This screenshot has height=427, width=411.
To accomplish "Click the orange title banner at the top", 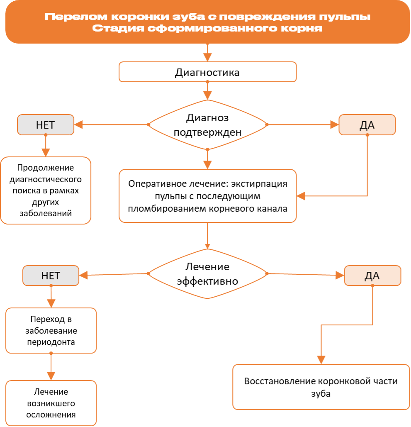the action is (207, 22).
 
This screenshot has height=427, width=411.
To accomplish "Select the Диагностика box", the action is (207, 72).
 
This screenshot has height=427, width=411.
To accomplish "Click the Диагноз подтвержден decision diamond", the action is (207, 125).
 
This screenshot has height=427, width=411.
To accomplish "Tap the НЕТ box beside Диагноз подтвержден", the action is (46, 125).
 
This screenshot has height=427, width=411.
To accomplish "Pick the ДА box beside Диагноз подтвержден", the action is (367, 125).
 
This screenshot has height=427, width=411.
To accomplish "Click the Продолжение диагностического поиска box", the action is (46, 190).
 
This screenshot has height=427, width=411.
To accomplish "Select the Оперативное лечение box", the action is (207, 196).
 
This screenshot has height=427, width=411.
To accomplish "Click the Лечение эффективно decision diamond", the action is (207, 274).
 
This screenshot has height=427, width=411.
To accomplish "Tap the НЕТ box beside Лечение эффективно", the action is (51, 276).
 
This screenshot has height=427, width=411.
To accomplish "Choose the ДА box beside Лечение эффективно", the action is (372, 276).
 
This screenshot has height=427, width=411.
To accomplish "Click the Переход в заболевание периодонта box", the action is (51, 331).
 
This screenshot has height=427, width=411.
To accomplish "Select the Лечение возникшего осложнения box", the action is (51, 403).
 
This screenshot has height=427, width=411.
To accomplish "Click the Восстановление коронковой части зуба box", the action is (321, 387).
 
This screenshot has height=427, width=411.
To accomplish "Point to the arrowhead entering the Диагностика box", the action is (207, 57).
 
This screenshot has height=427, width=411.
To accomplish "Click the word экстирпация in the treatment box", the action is (259, 184).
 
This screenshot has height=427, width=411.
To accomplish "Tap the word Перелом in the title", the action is (76, 17).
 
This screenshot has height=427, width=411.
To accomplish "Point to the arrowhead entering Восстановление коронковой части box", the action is (321, 360).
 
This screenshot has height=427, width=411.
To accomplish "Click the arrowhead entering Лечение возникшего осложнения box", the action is (51, 376).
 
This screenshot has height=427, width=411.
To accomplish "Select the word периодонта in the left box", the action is (51, 342).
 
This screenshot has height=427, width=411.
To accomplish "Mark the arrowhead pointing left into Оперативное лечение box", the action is (301, 196).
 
